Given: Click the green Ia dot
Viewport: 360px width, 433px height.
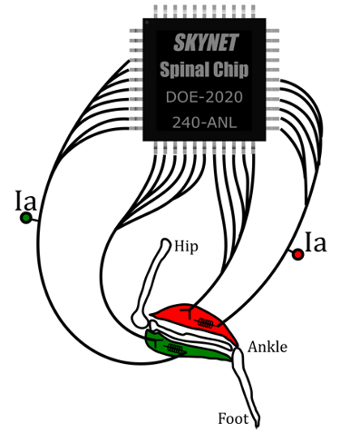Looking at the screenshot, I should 26,217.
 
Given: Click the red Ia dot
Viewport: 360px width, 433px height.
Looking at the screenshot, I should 297,255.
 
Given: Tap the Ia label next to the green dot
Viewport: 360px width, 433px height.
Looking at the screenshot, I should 26,200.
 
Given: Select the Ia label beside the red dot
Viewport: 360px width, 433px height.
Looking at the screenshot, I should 316,242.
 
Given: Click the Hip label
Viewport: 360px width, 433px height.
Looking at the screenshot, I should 188,247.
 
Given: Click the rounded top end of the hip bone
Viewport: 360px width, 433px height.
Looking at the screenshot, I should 166,243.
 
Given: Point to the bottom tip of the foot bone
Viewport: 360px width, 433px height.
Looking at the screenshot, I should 258,422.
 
